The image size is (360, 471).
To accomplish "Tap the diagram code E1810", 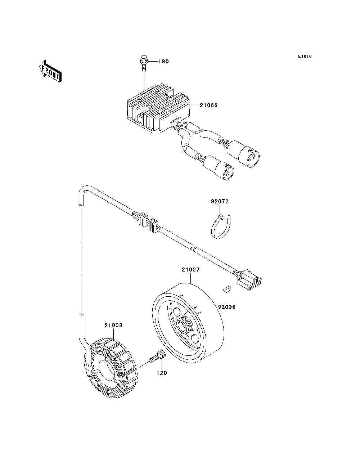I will [x=305, y=57].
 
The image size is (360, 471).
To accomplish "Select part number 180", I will [x=163, y=62].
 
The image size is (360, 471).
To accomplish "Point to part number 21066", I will [x=209, y=106].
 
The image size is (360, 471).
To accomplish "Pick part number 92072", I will [x=220, y=202].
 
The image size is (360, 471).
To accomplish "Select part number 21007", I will [x=190, y=270].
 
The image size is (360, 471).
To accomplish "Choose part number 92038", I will [x=227, y=307].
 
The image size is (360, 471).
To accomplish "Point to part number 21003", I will [x=113, y=325].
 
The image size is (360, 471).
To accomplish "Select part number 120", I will [x=162, y=373].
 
